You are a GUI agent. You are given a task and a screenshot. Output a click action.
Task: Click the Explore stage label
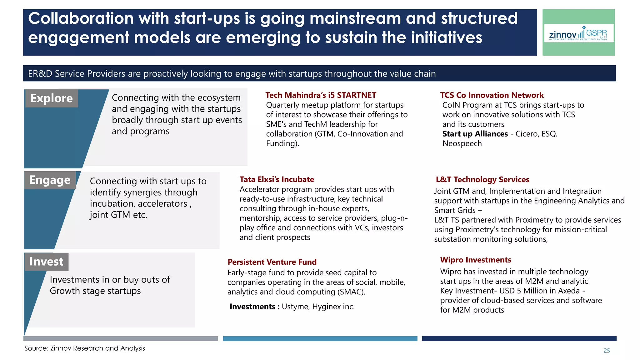pos(52,98)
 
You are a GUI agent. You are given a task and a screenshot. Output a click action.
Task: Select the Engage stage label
pos(50,180)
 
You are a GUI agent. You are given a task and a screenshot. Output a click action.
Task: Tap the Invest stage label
pos(46,262)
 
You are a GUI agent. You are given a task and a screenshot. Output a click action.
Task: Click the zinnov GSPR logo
pos(578,33)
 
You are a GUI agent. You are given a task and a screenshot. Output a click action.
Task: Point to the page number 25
pos(607,351)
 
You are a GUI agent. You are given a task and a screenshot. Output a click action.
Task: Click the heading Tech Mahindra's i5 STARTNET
pos(321,95)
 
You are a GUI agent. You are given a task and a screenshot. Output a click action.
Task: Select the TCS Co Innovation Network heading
pos(492,95)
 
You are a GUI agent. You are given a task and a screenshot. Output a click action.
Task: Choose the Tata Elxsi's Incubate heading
pos(277,179)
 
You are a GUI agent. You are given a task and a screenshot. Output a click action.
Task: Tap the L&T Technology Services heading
pos(482,179)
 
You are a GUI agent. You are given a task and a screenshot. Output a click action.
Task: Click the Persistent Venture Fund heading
pos(272,262)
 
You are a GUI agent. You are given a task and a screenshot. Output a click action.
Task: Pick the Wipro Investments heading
pos(475,260)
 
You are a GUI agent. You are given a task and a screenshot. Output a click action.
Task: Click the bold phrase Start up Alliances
pos(475,134)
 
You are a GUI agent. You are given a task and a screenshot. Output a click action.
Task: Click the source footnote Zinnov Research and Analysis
pos(85,348)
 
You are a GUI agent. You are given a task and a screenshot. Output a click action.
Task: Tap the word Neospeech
pos(462,143)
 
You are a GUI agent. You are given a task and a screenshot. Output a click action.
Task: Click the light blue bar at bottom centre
pos(320,338)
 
